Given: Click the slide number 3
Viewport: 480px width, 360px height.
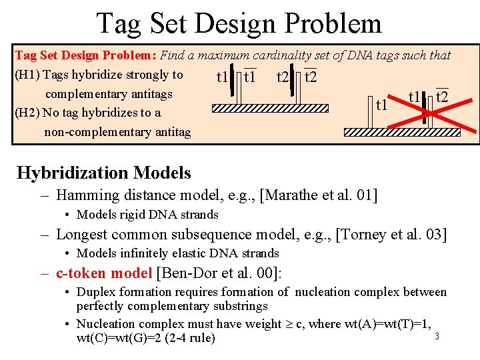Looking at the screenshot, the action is [437, 336].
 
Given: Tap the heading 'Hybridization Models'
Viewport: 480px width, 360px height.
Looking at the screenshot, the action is [103, 173].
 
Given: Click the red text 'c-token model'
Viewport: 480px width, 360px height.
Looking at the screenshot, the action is [104, 273].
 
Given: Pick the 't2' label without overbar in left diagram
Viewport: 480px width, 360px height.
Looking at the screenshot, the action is [283, 77].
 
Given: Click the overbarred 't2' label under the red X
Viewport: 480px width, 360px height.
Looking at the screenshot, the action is [442, 97].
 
